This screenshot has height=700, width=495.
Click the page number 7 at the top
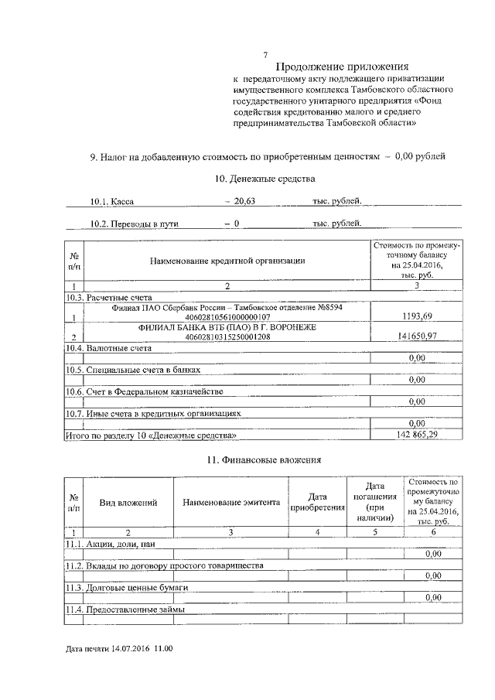(x=265, y=54)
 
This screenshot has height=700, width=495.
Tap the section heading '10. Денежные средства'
(x=265, y=179)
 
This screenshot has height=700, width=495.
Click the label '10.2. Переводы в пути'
(x=127, y=224)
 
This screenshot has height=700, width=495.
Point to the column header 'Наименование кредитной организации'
(x=227, y=261)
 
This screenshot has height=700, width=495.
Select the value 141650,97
(x=416, y=336)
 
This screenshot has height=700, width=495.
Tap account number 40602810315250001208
(x=228, y=337)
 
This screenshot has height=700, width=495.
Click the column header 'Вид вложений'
(x=128, y=502)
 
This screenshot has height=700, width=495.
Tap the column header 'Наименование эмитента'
(x=230, y=502)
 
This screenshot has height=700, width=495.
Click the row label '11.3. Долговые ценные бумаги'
(x=126, y=587)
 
